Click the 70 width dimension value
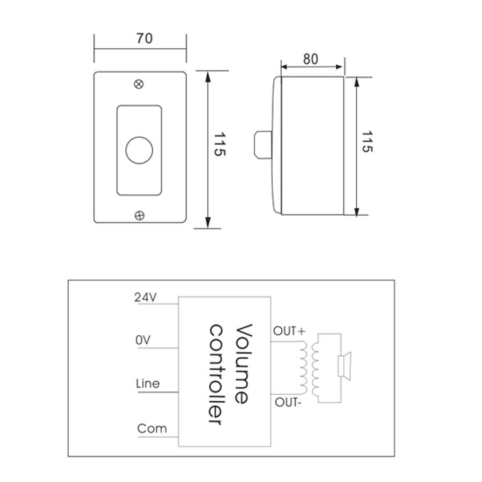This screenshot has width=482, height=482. pos(144,39)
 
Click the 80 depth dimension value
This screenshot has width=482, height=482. pos(311,59)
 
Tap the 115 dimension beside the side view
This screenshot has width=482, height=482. pos(366,141)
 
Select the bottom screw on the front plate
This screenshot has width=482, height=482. pos(139,215)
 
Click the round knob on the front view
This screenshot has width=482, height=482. pos(139,150)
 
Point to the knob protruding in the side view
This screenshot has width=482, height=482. pos(262,145)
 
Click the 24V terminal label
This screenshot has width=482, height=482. pos(145,298)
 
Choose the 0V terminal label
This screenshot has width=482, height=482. pos(143,340)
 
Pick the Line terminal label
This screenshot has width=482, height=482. pos(148,383)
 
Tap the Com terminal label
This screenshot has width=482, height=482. pos(152,428)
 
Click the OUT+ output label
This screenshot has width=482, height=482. pos(289,332)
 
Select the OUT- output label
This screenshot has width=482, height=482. pos(288,402)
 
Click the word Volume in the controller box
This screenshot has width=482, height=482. pos(242,364)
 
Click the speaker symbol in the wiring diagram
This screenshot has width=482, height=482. pos(343,366)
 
